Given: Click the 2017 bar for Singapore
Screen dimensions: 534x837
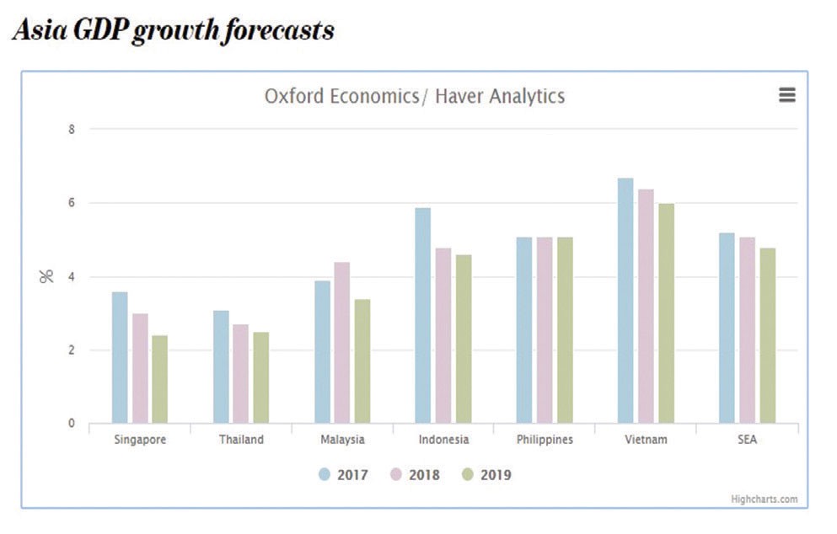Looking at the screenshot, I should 120,357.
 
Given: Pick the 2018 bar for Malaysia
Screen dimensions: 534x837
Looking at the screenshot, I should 341,343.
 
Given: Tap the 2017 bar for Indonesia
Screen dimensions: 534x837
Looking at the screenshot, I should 422,315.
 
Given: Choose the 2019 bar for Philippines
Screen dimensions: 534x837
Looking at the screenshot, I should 565,330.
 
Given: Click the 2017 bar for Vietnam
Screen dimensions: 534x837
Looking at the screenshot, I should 625,301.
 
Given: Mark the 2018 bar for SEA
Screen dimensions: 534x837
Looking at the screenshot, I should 747,330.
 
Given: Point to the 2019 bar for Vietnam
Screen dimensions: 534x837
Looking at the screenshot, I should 666,313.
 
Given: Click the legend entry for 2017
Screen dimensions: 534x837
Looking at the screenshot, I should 343,475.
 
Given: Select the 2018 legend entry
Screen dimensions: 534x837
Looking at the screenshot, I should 415,475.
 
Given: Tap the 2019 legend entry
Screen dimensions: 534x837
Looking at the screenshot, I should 486,475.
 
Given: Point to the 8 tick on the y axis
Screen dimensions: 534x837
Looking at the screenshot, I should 72,130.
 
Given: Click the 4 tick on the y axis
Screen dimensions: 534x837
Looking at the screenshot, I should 72,277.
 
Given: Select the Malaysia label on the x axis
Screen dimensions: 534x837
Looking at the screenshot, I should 342,440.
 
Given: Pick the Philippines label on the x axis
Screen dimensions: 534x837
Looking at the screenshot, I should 545,440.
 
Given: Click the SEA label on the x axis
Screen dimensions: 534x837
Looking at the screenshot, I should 747,440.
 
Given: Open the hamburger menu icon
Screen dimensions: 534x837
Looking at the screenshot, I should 786,95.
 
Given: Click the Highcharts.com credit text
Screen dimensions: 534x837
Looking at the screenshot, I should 764,499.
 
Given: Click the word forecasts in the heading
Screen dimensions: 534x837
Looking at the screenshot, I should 287,31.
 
